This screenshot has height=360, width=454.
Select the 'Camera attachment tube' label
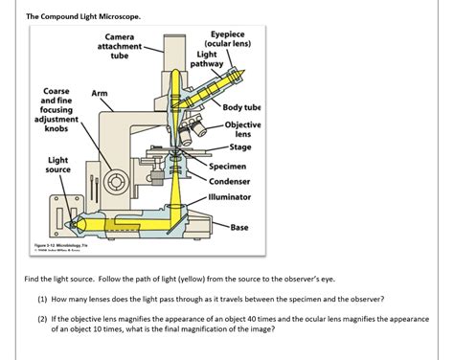pos(119,46)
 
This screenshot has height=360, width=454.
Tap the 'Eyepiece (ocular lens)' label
pos(229,39)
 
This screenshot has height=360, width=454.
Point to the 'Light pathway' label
pos(210,59)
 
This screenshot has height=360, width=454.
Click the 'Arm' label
pos(100,93)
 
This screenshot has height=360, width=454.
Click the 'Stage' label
pos(240,146)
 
